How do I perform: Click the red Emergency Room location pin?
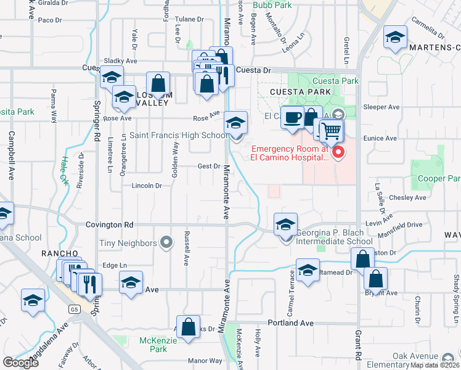[x=338, y=152]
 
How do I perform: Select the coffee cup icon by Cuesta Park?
[x=292, y=116]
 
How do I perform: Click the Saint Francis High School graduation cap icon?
[x=235, y=122]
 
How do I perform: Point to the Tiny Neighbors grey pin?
[x=166, y=244]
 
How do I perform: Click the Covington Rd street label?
[x=110, y=225]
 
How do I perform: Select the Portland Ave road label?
[x=291, y=323]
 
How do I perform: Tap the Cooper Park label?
[x=440, y=179]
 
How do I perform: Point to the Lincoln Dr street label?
[x=146, y=186]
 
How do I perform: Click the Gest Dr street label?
[x=209, y=166]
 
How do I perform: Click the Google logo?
[x=21, y=362]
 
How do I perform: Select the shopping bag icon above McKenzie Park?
[x=188, y=327]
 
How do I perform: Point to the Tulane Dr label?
[x=189, y=19]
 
